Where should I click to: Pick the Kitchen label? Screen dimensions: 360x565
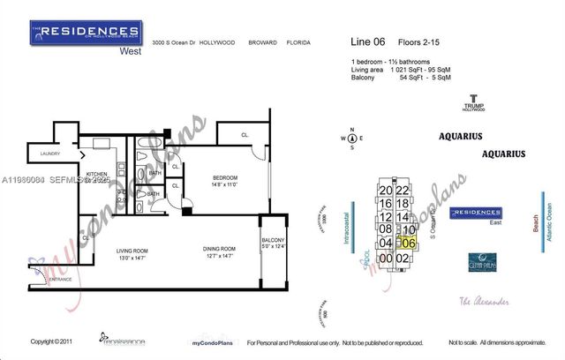point(97,175)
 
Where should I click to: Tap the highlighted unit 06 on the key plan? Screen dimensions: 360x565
point(408,242)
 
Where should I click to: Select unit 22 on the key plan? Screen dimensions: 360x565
point(403,191)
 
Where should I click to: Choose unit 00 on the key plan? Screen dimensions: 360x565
point(385,258)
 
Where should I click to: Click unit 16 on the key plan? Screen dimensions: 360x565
point(386,203)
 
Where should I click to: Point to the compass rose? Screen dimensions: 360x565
point(351,138)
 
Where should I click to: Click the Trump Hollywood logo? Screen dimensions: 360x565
point(474,103)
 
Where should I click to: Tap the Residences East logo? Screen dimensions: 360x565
point(476,214)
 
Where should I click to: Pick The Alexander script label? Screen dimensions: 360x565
point(484,302)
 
